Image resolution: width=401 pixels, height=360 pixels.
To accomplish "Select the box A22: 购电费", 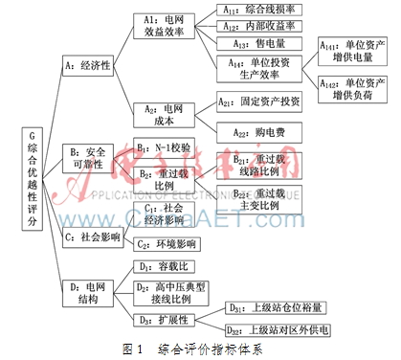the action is tap(259, 131).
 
